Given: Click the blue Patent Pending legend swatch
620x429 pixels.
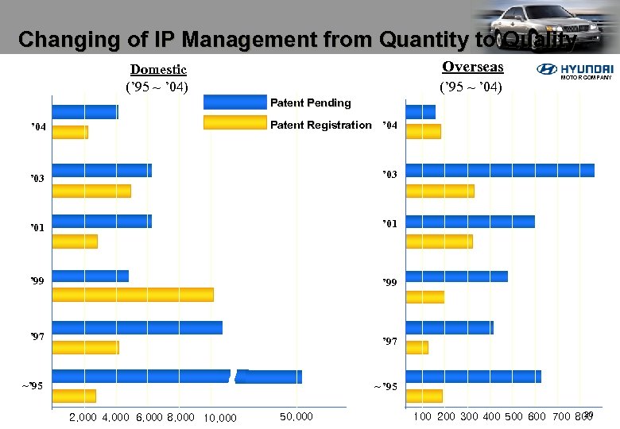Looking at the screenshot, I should [x=234, y=102].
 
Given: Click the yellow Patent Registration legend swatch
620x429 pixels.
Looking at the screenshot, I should [x=234, y=122].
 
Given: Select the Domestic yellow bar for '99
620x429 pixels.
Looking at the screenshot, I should [x=133, y=294].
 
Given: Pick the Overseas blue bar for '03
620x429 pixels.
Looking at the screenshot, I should [x=500, y=170].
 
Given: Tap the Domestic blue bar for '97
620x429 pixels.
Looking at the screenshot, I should [x=138, y=327].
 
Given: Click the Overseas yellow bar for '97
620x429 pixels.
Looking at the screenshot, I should [x=417, y=347].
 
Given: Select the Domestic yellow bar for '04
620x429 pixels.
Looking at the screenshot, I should [x=70, y=132].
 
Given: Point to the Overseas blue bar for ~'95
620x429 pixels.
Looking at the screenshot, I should [x=474, y=377].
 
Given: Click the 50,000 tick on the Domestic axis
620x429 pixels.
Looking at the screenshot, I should [x=296, y=417].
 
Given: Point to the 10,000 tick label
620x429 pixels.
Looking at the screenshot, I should [x=220, y=418].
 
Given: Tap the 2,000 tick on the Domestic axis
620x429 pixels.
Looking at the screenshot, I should [x=83, y=417].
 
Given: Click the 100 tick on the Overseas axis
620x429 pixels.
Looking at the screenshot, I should [x=423, y=417].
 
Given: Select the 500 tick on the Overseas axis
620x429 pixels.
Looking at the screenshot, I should [x=514, y=417].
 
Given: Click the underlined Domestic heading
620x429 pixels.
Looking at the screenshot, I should [x=158, y=70].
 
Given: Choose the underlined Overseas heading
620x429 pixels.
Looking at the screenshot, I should [x=473, y=67].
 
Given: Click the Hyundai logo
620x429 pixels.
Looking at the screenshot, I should [x=575, y=71].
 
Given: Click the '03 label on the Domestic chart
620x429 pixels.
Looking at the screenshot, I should [x=37, y=179].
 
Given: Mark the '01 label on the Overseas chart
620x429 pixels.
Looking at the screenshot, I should [x=389, y=224].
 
